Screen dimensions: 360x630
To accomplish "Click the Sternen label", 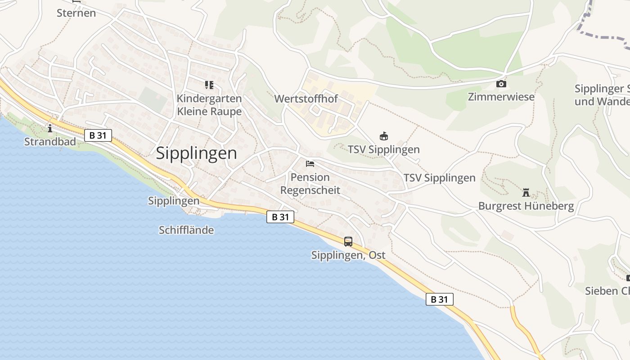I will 76,13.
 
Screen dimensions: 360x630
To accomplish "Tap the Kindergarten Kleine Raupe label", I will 209,105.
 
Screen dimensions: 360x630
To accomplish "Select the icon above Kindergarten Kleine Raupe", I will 209,85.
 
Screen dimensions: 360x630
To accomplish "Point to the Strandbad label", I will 50,142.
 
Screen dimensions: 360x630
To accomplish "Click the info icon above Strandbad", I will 50,129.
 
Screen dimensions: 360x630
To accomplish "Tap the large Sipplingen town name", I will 196,153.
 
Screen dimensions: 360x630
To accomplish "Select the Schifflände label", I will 186,230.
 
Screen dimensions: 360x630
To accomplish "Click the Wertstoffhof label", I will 306,99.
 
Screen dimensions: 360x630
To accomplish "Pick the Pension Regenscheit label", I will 310,184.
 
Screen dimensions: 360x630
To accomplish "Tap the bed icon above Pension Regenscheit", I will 310,163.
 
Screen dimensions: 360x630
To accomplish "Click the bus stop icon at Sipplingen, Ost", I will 348,242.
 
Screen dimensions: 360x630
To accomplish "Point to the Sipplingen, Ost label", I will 348,255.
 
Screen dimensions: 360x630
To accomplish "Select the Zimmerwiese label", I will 501,97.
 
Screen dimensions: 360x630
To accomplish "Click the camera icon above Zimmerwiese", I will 501,84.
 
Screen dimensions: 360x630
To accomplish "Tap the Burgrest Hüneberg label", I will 526,206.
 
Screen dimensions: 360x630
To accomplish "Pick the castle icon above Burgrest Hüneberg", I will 526,193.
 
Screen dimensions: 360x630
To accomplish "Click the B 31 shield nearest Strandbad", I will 98,135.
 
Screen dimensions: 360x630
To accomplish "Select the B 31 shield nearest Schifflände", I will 280,217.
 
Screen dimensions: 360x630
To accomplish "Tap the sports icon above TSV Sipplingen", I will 384,136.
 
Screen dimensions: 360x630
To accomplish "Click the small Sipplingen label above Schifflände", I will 174,201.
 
